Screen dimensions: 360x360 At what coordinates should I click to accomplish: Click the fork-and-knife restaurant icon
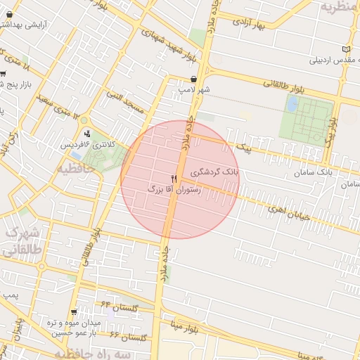pyautogui.click(x=174, y=179)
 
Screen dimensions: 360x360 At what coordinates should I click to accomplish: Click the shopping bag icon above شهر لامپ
pyautogui.click(x=193, y=79)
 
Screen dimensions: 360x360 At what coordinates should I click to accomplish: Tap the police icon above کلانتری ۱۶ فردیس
pyautogui.click(x=86, y=134)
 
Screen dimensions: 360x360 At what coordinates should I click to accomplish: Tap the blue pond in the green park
pyautogui.click(x=292, y=104)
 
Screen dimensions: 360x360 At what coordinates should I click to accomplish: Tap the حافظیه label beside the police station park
pyautogui.click(x=75, y=169)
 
